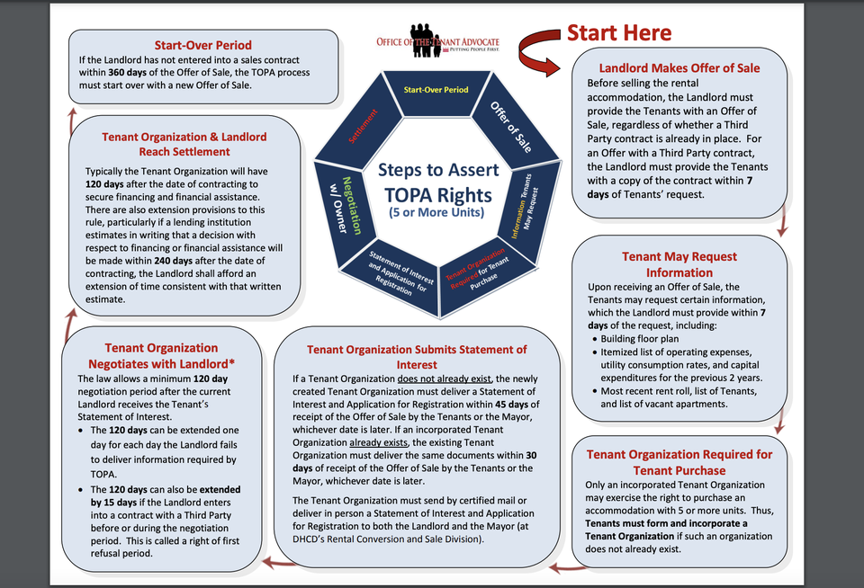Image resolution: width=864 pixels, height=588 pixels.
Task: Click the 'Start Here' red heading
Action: (619, 33)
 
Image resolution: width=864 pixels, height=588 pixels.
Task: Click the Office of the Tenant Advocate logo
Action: (437, 40)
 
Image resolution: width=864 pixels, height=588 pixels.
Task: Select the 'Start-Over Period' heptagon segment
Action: (436, 92)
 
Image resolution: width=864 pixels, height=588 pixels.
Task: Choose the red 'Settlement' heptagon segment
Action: (361, 128)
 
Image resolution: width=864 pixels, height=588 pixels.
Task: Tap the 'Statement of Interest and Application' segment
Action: (396, 275)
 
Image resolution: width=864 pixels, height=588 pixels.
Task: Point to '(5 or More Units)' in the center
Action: (436, 212)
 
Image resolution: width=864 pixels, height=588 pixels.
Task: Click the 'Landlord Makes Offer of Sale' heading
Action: (679, 68)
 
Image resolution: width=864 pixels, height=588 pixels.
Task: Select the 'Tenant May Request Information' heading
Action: (679, 264)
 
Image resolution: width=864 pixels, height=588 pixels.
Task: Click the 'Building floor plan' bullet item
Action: (639, 339)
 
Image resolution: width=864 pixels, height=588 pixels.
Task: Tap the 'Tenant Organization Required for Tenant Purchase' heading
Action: (679, 462)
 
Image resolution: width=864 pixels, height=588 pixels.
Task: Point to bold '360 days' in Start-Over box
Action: (127, 73)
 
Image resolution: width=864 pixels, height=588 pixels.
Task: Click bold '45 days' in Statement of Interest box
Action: (512, 404)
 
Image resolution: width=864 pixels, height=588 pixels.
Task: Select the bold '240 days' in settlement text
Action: (167, 261)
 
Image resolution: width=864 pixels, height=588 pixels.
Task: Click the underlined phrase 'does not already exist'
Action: (444, 379)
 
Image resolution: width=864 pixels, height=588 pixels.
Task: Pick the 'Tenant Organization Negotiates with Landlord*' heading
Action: (161, 356)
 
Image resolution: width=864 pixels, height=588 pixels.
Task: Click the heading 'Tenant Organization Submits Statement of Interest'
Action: (417, 357)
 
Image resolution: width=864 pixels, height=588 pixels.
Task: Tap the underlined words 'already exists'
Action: (379, 442)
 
